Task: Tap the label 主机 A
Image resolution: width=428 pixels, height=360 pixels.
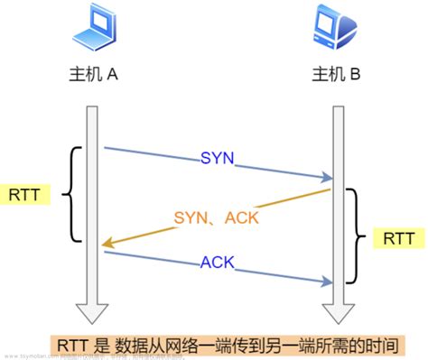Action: (94, 76)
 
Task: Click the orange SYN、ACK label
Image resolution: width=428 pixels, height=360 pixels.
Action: (217, 217)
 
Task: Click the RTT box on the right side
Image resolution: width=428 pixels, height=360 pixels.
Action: (397, 240)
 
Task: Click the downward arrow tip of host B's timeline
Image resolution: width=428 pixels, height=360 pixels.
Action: (336, 318)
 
